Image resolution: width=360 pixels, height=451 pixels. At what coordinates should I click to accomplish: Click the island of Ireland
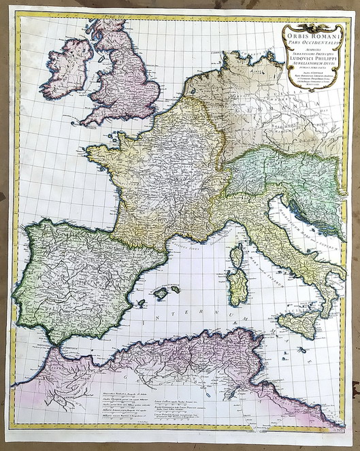pyautogui.click(x=67, y=69)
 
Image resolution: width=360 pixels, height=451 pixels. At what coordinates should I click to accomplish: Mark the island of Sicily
pyautogui.click(x=297, y=324)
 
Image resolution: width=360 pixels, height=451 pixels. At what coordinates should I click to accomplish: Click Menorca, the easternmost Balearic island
pyautogui.click(x=176, y=289)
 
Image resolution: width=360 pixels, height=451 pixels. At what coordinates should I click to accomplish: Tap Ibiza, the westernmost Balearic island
pyautogui.click(x=141, y=303)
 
